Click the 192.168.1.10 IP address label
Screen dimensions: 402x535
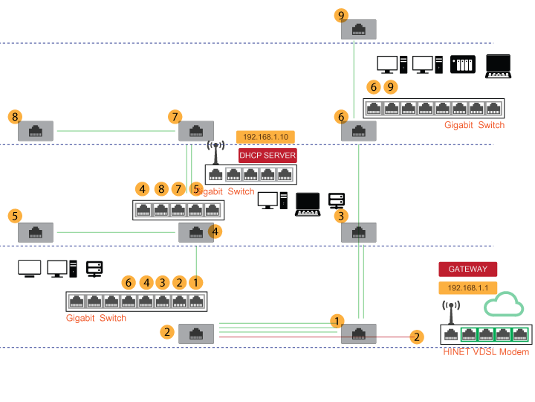[x=266, y=137]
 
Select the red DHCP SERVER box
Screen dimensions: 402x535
[x=267, y=156]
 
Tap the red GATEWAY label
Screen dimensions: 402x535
[x=467, y=269]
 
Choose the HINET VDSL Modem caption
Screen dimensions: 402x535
[x=486, y=351]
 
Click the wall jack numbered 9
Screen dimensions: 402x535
[x=358, y=29]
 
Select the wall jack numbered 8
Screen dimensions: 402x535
[x=35, y=131]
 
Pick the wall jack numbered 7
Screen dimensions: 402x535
[x=196, y=131]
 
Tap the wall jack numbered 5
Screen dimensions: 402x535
[x=35, y=232]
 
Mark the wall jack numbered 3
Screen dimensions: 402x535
[x=358, y=232]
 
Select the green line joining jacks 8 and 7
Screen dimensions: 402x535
[x=115, y=131]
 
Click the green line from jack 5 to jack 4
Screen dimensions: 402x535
[x=115, y=232]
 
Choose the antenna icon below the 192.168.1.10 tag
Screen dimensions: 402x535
[x=215, y=152]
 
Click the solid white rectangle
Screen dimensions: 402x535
[x=29, y=267]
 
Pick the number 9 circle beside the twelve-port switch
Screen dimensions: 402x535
[x=390, y=87]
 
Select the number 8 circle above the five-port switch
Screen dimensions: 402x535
[x=160, y=188]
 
